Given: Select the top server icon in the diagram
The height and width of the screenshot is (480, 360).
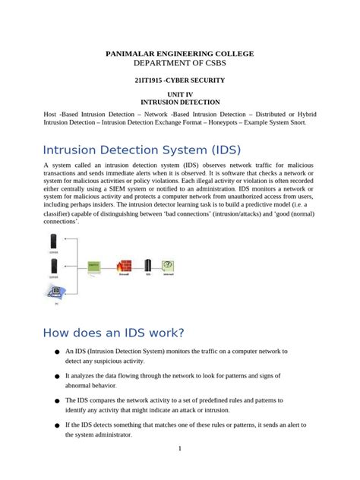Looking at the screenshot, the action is (53, 242).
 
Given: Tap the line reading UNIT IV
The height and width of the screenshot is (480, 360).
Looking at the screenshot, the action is (180, 93).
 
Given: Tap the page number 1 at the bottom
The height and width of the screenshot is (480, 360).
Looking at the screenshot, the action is (180, 448).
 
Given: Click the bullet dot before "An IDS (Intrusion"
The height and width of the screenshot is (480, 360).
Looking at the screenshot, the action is (56, 352).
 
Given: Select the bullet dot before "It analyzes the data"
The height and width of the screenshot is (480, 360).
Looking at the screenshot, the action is (56, 376).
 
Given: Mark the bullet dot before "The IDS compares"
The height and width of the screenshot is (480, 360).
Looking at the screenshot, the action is (56, 400).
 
